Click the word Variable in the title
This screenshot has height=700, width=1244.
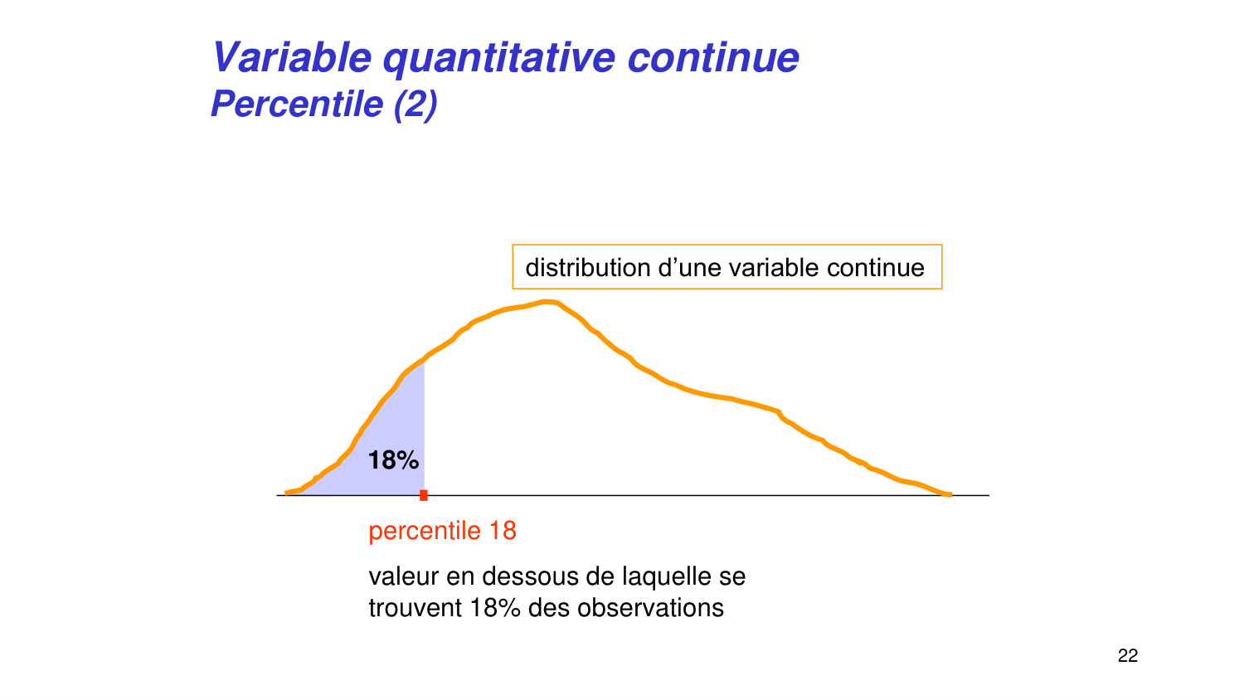[x=292, y=58]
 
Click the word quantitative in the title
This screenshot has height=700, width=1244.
[x=498, y=58]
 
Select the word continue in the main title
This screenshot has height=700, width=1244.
[x=713, y=58]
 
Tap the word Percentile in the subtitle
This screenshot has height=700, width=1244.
[x=296, y=105]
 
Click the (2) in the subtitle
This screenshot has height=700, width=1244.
[x=415, y=105]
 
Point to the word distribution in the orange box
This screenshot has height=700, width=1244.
[x=587, y=268]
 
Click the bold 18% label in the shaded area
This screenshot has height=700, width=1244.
[x=393, y=460]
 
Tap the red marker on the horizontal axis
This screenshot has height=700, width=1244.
[x=424, y=495]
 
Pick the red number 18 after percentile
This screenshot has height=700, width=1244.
[x=503, y=531]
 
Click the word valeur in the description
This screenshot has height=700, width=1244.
[x=404, y=576]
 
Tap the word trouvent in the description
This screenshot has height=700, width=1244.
[x=415, y=608]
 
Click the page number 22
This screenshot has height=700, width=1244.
[x=1128, y=656]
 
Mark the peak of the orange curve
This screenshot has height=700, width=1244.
[x=547, y=302]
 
